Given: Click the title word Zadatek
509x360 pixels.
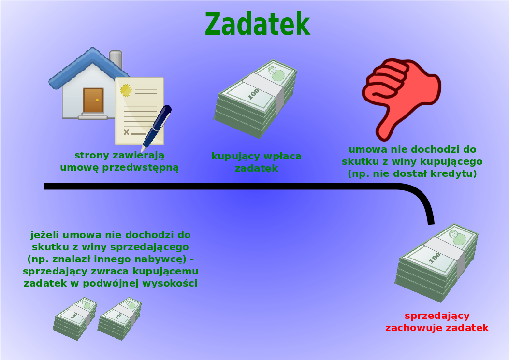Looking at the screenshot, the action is (258, 24).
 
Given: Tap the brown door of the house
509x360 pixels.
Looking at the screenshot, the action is (93, 100).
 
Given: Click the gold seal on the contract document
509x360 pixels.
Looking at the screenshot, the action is (126, 90).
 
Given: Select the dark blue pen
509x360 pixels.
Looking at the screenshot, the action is (157, 128).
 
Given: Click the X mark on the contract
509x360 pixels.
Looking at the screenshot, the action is (126, 132).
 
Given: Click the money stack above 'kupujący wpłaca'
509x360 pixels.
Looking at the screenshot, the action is (255, 99).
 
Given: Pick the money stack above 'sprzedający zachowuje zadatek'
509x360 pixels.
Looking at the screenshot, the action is (436, 262).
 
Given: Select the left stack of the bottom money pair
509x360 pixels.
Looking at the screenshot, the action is (75, 318).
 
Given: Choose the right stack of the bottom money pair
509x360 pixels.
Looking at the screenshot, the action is (120, 318).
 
